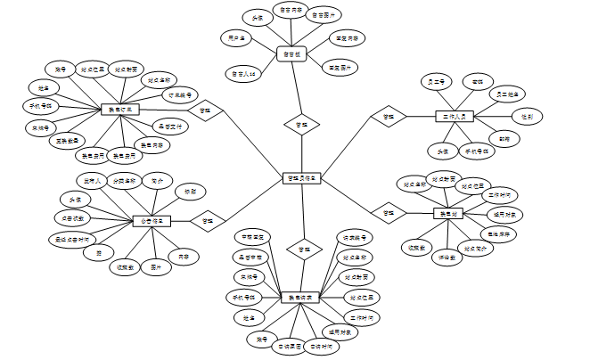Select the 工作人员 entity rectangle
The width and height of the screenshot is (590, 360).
click(x=454, y=116)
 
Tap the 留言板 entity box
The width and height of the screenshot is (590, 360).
click(x=291, y=53)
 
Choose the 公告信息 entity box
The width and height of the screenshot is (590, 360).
click(x=152, y=220)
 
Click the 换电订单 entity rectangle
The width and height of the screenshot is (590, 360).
click(x=119, y=110)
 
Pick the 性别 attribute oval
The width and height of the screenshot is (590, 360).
click(x=526, y=116)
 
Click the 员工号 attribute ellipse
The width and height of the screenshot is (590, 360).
click(x=438, y=82)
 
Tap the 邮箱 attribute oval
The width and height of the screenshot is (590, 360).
click(x=504, y=138)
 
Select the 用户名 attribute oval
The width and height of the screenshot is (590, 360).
click(x=238, y=38)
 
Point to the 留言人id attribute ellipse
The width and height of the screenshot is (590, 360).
click(x=244, y=73)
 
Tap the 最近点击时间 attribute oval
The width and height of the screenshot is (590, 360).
click(x=72, y=239)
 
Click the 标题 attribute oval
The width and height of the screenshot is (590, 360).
click(x=190, y=192)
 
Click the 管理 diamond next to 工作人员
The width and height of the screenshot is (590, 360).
click(x=389, y=117)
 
